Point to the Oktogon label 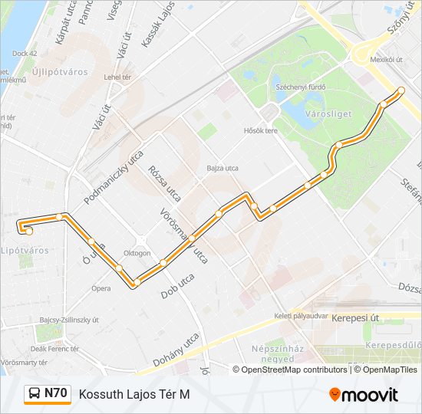pos(137,252)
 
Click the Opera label pos(101,289)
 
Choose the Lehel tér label pos(119,77)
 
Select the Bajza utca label pos(223,168)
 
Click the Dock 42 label pos(24,54)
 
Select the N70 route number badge pos(56,393)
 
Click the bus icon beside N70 pos(35,394)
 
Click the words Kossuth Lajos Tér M pos(134,394)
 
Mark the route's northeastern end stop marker pos(401,91)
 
